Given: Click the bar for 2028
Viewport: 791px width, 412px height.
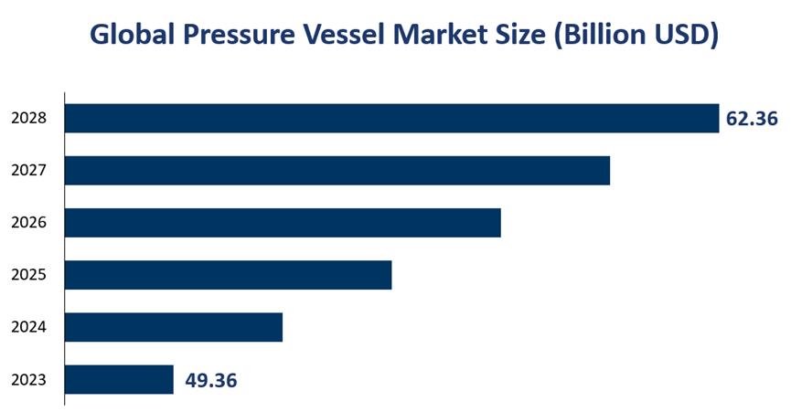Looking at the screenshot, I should point(392,119).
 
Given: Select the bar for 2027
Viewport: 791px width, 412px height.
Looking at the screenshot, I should point(337,171).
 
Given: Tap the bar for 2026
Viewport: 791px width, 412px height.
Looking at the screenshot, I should point(283,223).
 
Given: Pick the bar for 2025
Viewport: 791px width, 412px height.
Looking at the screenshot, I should point(229,275).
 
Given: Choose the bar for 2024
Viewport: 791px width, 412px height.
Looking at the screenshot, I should point(174,327).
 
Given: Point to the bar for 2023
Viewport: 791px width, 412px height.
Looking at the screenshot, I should point(120,379).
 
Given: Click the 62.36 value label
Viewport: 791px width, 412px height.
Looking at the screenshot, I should point(752,119).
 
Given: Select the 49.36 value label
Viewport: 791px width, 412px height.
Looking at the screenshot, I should point(210,380).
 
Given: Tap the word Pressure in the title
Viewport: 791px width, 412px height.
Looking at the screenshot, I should point(234,35).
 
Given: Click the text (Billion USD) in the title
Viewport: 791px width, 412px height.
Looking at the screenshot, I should point(638,35).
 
